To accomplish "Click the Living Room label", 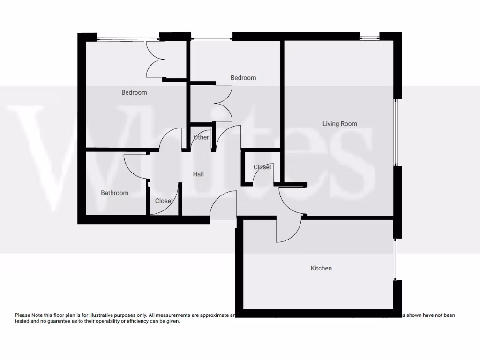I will tap(339, 124).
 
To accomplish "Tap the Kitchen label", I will tap(321, 268).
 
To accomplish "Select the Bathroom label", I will tap(114, 193).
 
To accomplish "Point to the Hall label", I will tap(198, 174).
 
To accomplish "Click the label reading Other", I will tap(201, 137).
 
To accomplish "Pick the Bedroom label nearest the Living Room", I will tap(243, 78).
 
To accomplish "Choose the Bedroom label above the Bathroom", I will tap(134, 92).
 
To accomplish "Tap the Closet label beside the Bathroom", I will tap(164, 201).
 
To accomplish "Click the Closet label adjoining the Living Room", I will tap(262, 167).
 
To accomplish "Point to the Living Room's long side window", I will tap(397, 133).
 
